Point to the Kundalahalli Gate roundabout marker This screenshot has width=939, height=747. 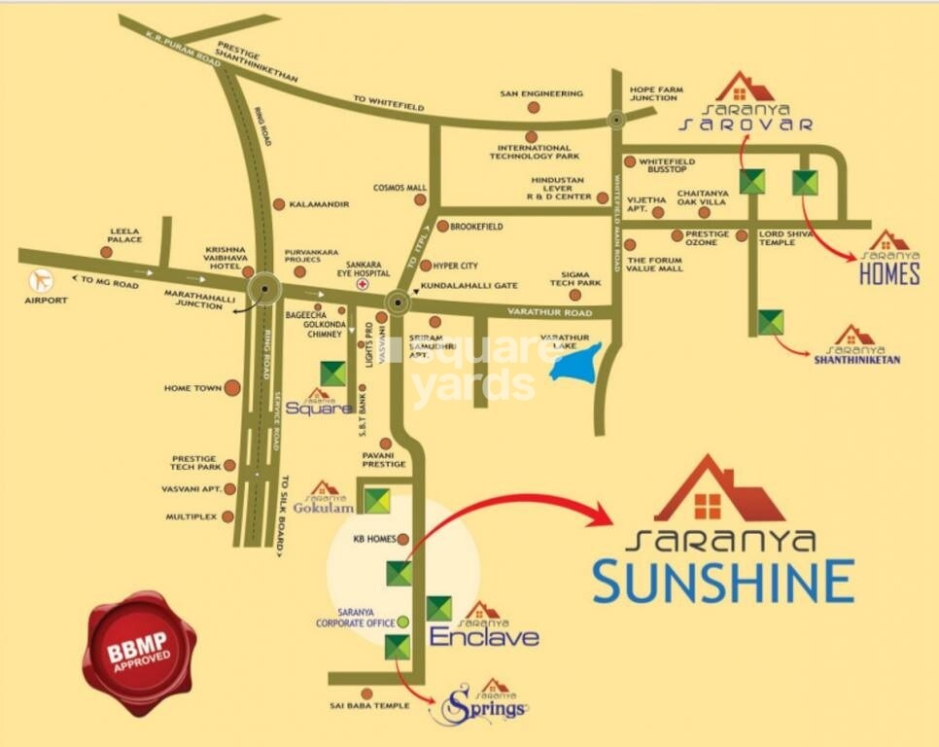click(397, 302)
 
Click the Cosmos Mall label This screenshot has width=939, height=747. click(400, 188)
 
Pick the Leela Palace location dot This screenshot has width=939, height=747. click(106, 252)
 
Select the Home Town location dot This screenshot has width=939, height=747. click(232, 388)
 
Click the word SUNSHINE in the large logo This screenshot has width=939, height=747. click(724, 581)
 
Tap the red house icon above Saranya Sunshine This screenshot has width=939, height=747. click(718, 490)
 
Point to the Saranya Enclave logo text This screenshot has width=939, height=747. click(484, 637)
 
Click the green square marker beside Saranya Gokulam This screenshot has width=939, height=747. click(377, 500)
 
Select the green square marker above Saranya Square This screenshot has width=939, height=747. click(333, 373)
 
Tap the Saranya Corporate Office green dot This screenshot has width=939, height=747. click(403, 621)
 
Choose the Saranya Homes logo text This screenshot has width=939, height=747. click(889, 273)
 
